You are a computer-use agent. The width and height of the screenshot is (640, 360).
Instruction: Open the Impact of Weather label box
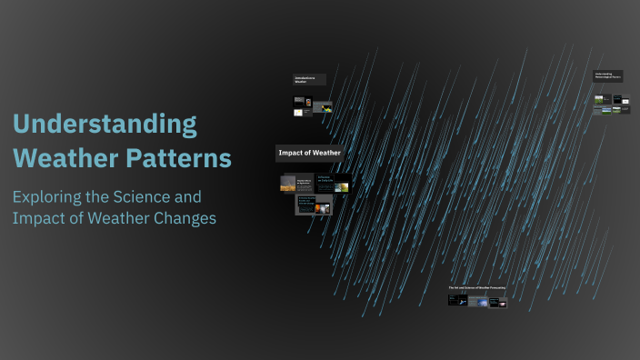(309, 153)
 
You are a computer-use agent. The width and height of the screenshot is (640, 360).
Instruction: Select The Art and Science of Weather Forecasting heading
(477, 287)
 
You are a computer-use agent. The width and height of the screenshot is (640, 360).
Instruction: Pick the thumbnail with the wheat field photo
(289, 183)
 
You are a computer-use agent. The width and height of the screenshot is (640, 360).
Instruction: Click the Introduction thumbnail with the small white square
(297, 112)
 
